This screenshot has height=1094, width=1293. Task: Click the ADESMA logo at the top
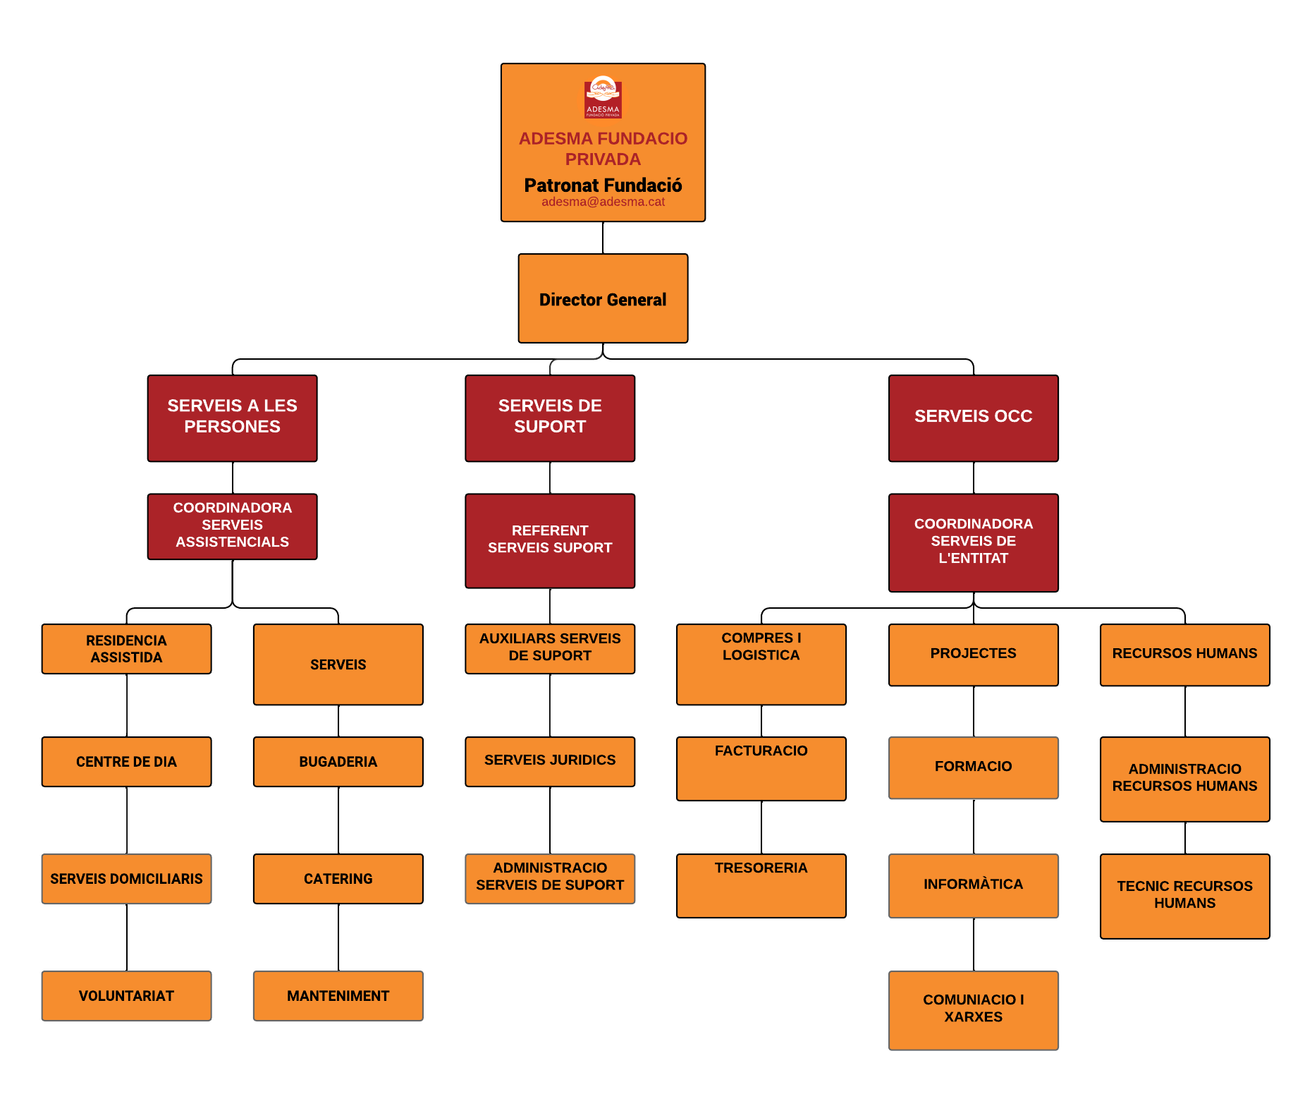point(603,97)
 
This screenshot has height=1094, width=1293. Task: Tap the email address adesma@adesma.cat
point(603,202)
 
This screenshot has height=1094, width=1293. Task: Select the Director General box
point(603,298)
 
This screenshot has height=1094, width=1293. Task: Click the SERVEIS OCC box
point(973,418)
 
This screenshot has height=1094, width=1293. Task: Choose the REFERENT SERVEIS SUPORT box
point(550,540)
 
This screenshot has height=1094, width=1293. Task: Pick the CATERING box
point(338,878)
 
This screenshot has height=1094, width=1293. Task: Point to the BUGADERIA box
point(338,761)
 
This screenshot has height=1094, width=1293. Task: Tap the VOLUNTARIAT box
point(126,995)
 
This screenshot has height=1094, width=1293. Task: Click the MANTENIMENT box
point(338,995)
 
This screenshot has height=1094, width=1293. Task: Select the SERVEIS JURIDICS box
point(550,761)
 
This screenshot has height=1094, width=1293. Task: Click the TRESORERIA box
point(761,885)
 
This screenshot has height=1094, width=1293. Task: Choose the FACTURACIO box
point(761,768)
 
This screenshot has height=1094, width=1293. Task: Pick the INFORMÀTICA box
point(973,885)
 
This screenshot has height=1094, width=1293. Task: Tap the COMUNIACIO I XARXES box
point(973,1009)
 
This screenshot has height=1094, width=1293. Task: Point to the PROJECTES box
point(973,654)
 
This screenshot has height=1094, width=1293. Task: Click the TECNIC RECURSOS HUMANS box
point(1184,895)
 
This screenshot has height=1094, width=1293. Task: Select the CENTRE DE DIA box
point(126,761)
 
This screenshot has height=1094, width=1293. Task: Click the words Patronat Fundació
point(603,185)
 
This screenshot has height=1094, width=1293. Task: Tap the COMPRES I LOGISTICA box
point(761,664)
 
